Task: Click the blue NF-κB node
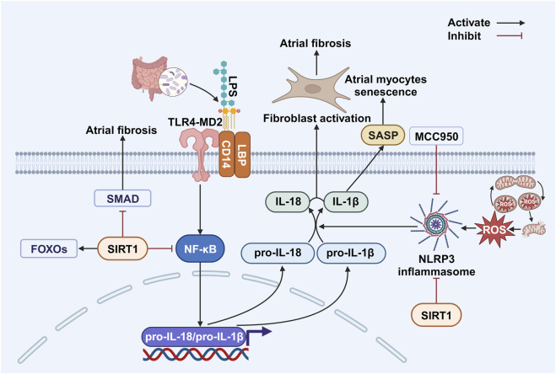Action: coord(200,249)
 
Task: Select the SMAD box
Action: coord(122,199)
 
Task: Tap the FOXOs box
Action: coord(49,248)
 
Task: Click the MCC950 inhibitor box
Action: coord(436,136)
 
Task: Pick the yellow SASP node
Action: coord(383,136)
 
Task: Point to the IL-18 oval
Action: coord(288,201)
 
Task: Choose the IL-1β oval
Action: coord(345,201)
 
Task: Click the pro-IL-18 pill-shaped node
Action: coord(278,253)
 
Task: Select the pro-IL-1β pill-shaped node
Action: coord(351,253)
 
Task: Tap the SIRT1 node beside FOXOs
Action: coord(122,248)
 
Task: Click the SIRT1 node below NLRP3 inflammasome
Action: coord(436,314)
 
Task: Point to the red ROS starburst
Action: coord(494,229)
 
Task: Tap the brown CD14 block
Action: coord(226,154)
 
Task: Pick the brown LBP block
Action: coord(242,154)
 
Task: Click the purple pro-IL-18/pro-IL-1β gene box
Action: coord(193,336)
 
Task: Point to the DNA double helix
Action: coord(196,354)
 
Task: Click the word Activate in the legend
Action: coord(469,23)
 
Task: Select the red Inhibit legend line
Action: coord(510,35)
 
